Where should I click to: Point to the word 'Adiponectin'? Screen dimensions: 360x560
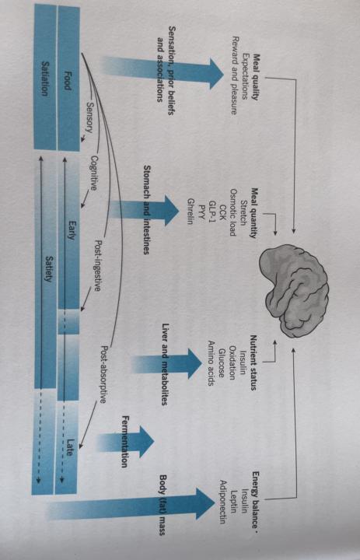click(222, 501)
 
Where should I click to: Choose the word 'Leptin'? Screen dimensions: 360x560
click(232, 501)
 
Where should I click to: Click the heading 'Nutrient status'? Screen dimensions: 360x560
click(253, 362)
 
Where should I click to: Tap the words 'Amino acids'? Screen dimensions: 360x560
click(211, 363)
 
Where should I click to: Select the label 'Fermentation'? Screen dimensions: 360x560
click(125, 442)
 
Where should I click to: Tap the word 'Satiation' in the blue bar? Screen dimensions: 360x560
click(44, 79)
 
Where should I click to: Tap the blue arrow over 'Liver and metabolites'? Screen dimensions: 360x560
click(166, 364)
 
